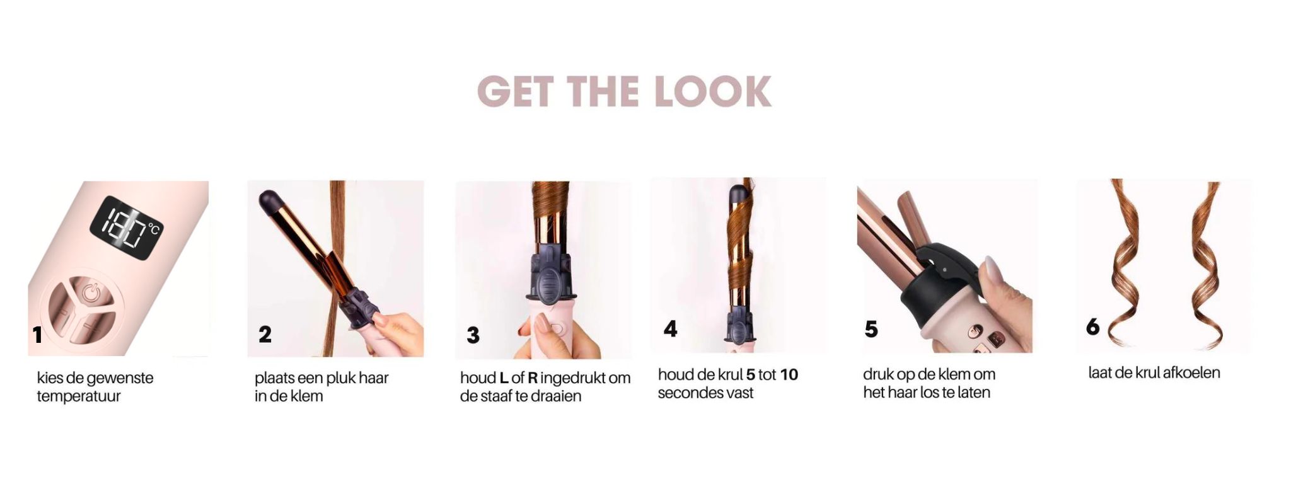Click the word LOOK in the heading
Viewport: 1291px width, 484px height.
coord(713,91)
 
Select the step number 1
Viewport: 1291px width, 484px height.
coord(38,335)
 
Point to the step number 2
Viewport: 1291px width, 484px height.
coord(265,334)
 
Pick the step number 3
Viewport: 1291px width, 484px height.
coord(473,335)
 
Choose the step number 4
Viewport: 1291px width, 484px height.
coord(670,328)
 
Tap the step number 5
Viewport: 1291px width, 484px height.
coord(871,329)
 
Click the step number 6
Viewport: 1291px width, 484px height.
coord(1093,326)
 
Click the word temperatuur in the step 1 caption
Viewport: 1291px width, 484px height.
coord(79,396)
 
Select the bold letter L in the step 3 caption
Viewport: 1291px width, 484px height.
coord(504,378)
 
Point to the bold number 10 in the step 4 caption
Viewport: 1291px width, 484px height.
coord(789,375)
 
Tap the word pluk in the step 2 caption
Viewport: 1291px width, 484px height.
coord(342,378)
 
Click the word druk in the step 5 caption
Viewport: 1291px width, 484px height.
coord(878,374)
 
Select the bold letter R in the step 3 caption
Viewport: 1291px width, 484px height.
coord(533,378)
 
